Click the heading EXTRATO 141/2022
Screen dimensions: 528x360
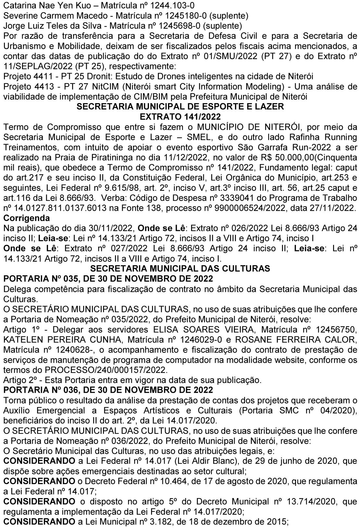tap(180, 116)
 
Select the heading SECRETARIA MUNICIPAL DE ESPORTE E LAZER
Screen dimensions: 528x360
tap(180, 106)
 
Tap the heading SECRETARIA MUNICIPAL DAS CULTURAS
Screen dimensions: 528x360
tap(180, 269)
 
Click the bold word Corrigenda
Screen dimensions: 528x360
tap(27, 218)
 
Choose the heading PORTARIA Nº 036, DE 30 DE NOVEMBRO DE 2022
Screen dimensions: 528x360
tap(108, 390)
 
